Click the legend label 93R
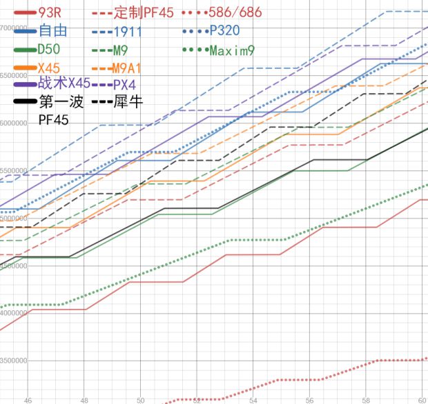(52, 12)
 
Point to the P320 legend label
(223, 30)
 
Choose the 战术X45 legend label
(64, 83)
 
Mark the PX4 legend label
(124, 84)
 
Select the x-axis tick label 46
(28, 399)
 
